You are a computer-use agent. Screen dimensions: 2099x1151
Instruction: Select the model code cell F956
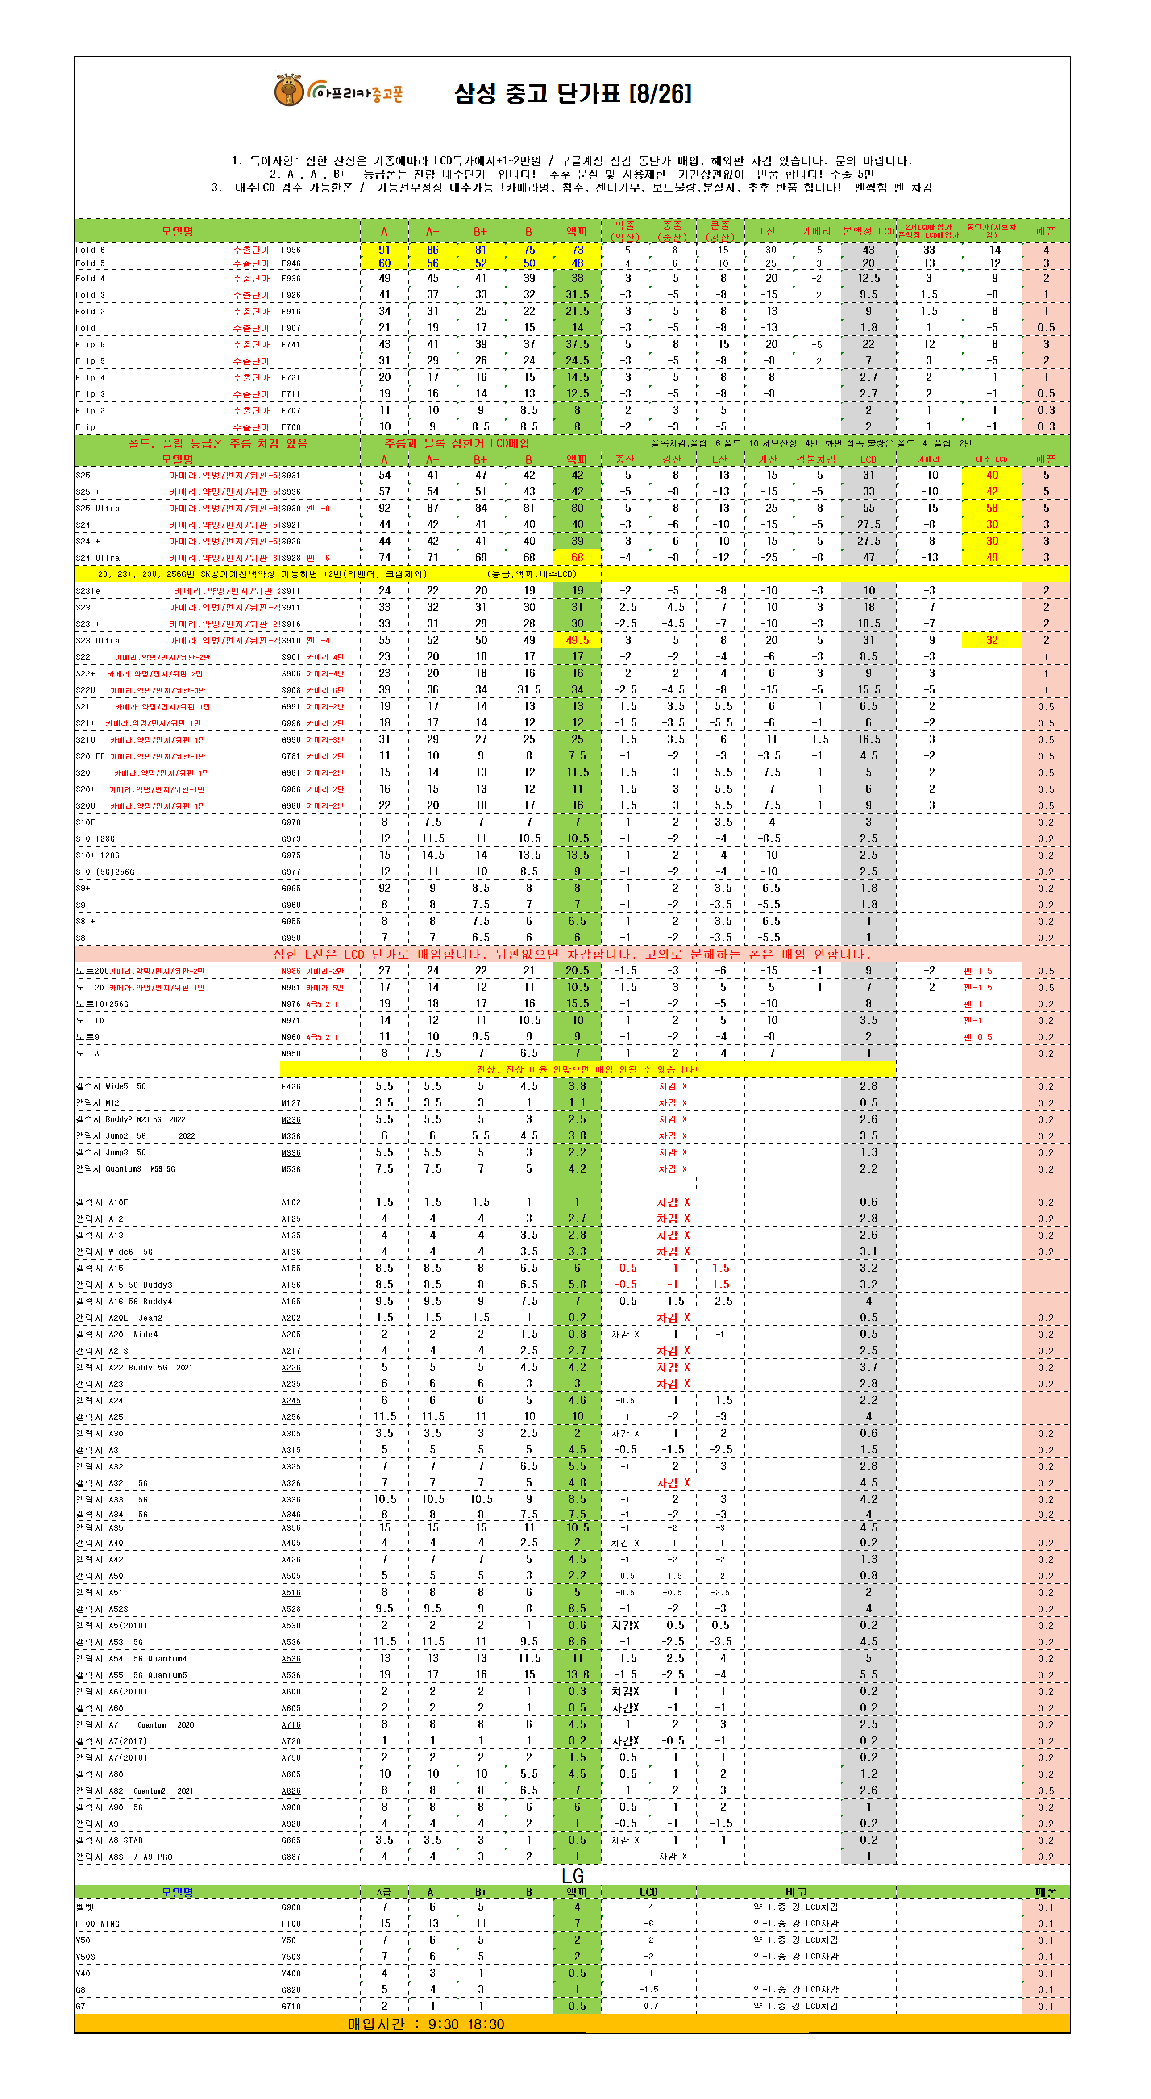[291, 250]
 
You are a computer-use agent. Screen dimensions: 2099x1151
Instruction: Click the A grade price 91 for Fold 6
[384, 250]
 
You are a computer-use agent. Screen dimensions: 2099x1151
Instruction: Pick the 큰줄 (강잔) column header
[720, 230]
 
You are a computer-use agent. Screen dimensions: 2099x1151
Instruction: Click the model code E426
[291, 1087]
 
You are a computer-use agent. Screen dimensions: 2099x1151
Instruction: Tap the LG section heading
[573, 1876]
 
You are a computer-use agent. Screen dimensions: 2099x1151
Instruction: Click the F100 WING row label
[98, 1924]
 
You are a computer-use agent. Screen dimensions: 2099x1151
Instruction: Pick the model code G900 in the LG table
[291, 1907]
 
